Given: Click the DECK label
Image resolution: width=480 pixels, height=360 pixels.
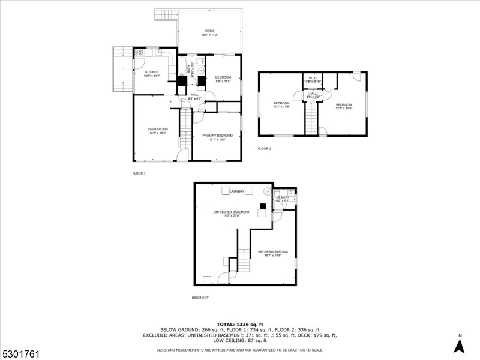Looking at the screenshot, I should (209, 31).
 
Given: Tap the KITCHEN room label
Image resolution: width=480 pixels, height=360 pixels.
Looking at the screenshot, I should (151, 72).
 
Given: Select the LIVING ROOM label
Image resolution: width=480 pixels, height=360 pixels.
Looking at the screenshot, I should (158, 129).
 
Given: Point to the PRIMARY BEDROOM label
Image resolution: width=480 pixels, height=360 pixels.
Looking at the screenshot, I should (217, 136).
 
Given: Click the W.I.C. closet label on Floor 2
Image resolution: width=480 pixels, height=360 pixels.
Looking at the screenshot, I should (313, 78).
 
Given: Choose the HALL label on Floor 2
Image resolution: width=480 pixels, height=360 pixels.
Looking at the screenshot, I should (313, 94).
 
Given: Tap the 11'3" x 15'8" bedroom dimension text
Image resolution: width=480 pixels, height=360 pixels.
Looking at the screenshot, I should (282, 107).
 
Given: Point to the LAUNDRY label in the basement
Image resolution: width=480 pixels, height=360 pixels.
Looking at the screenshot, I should (236, 191).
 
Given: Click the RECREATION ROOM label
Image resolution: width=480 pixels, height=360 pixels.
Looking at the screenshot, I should (273, 251).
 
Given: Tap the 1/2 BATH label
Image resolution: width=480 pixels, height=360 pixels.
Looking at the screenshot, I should (283, 197).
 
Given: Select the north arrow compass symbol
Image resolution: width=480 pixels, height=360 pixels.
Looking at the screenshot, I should (459, 345).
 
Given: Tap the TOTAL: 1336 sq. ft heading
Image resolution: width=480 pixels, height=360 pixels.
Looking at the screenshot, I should (239, 325).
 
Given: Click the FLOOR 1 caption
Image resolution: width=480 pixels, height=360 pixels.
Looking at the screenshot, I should (139, 173).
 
